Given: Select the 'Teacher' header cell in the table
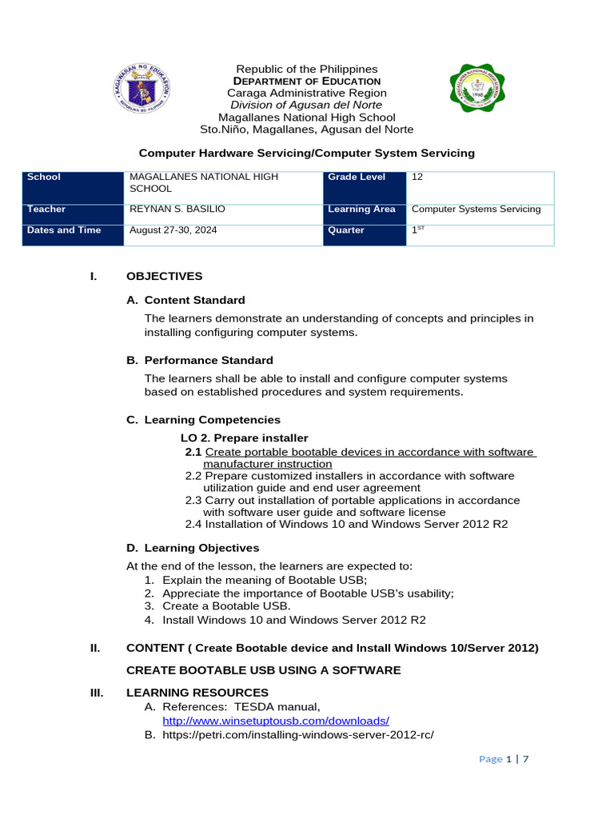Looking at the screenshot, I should pyautogui.click(x=73, y=210).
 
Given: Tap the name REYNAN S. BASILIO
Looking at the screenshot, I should pyautogui.click(x=177, y=210).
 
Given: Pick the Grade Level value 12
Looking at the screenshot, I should pyautogui.click(x=417, y=178).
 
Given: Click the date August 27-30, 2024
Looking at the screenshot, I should pyautogui.click(x=173, y=230).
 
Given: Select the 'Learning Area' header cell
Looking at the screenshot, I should pyautogui.click(x=361, y=210).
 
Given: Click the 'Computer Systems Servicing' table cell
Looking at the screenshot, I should pyautogui.click(x=476, y=210).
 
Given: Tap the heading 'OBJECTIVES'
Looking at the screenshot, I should pyautogui.click(x=164, y=277).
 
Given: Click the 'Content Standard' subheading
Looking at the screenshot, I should pyautogui.click(x=194, y=301).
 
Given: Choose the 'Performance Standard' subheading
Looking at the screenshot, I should pyautogui.click(x=208, y=361).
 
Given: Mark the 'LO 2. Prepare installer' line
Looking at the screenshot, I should pyautogui.click(x=244, y=438).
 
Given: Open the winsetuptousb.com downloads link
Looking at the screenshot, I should pyautogui.click(x=276, y=721).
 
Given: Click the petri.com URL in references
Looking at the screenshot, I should pyautogui.click(x=297, y=734).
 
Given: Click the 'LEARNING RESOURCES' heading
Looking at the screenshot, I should pyautogui.click(x=197, y=693).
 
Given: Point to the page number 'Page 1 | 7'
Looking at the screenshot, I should pyautogui.click(x=504, y=760).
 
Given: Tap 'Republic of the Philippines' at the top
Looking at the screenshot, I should pyautogui.click(x=307, y=70).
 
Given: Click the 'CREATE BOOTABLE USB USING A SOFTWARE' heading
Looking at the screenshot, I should pyautogui.click(x=264, y=670).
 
